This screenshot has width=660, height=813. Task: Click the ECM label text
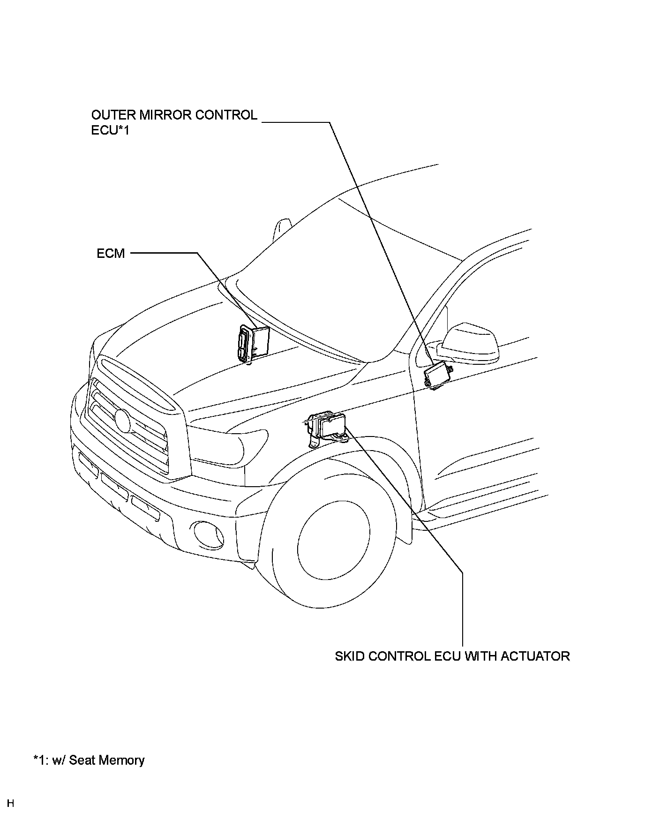point(111,254)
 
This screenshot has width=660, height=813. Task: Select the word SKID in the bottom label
point(350,656)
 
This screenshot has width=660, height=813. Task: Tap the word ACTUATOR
point(535,656)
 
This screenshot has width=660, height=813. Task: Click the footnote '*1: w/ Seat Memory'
point(89,760)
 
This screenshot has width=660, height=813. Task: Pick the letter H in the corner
point(10,803)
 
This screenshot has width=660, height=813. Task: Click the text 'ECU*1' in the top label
point(110,130)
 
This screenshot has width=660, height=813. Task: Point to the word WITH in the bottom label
point(481,656)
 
